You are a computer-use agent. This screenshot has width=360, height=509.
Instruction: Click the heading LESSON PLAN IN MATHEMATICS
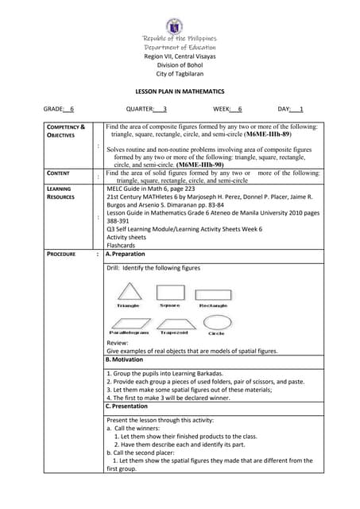tap(179, 92)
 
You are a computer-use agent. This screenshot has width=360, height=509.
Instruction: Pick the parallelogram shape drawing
tap(128, 322)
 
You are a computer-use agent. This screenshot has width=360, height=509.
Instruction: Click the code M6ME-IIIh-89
tap(280, 135)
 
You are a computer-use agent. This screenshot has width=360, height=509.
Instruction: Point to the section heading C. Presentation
tap(128, 406)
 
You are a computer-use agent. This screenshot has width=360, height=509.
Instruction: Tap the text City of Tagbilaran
tap(180, 74)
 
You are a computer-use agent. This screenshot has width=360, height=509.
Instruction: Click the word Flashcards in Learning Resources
tap(121, 245)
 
